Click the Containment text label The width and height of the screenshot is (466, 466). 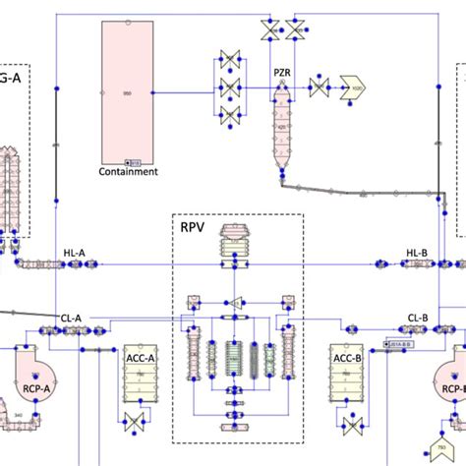click(x=128, y=171)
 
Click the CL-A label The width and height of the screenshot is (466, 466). click(x=72, y=318)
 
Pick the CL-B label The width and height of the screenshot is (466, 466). click(x=418, y=318)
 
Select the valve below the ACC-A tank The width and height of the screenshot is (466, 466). click(x=132, y=423)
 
